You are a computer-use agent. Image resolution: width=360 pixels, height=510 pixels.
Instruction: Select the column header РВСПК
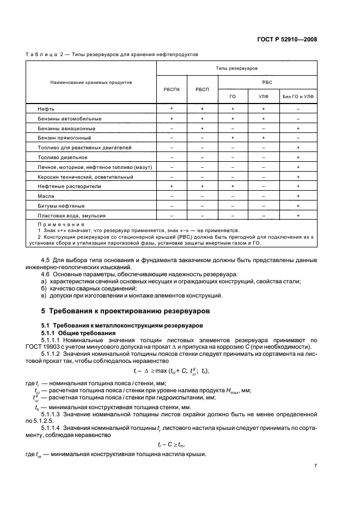pos(172,89)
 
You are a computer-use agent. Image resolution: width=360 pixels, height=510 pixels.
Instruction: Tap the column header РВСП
pos(202,89)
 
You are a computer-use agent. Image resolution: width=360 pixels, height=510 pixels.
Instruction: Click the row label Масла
pos(46,196)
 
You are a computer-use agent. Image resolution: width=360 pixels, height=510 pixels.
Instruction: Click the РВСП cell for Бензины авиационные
pos(202,129)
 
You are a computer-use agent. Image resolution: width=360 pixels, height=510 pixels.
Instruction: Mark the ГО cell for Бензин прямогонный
pos(233,138)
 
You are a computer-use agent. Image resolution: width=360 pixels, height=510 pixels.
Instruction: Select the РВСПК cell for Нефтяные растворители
pos(172,186)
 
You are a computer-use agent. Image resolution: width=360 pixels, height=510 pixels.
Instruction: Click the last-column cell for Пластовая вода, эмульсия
pos(298,215)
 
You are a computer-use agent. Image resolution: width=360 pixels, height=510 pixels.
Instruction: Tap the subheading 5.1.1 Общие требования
pos(78,332)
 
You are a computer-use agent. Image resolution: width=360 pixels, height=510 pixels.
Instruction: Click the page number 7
pos(315,465)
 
